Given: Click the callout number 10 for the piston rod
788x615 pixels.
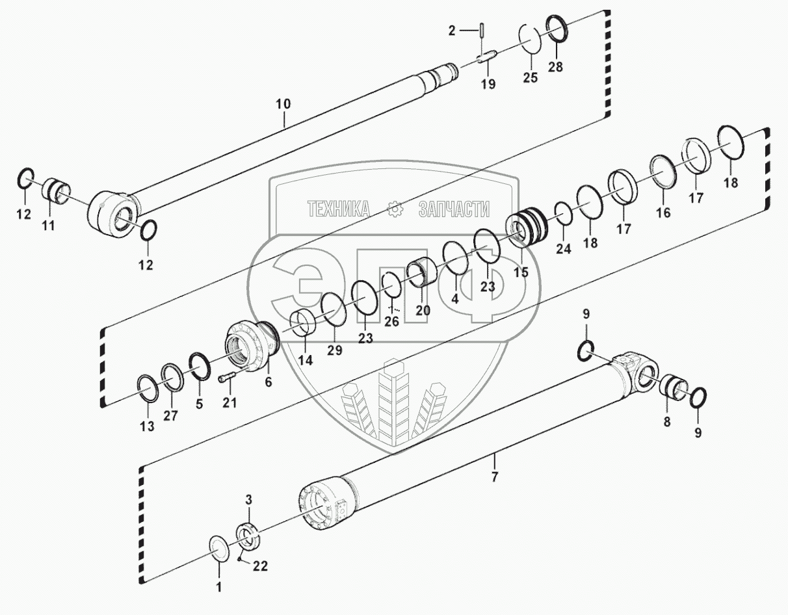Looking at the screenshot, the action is point(283,104).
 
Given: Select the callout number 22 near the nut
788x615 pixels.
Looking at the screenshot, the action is point(259,566).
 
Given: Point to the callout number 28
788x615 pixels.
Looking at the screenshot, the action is point(555,66).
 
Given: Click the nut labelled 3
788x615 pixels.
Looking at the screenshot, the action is point(248,535).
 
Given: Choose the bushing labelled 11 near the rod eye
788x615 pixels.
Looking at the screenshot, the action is point(56,192).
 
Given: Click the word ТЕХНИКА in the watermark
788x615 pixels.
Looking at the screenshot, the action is point(338,209).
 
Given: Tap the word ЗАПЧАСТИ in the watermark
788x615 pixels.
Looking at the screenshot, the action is point(454,209).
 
